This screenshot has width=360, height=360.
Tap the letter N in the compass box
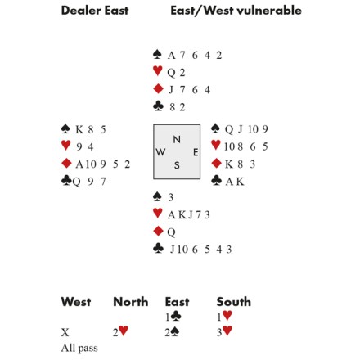tap(177, 139)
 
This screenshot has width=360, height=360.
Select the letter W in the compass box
tap(160, 152)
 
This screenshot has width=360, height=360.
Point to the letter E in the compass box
tap(196, 152)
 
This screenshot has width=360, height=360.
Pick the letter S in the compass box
tap(177, 165)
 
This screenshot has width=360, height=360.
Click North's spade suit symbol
tap(157, 55)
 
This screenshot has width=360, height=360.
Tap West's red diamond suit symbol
tap(66, 164)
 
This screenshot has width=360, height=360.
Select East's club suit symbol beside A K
tap(216, 181)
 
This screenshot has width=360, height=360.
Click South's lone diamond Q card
tap(171, 232)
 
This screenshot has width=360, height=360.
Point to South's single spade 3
tap(171, 197)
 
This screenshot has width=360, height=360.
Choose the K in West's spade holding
tap(79, 129)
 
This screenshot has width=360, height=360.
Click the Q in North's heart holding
tap(171, 73)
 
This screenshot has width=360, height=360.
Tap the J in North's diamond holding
tap(171, 90)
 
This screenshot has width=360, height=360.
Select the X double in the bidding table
tap(65, 332)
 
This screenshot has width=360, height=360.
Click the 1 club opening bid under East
tap(173, 317)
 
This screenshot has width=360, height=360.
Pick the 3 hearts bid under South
tap(224, 331)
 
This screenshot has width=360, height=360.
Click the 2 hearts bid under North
tap(120, 331)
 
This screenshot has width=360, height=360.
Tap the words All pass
tap(79, 348)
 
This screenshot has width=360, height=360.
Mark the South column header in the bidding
tap(234, 302)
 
